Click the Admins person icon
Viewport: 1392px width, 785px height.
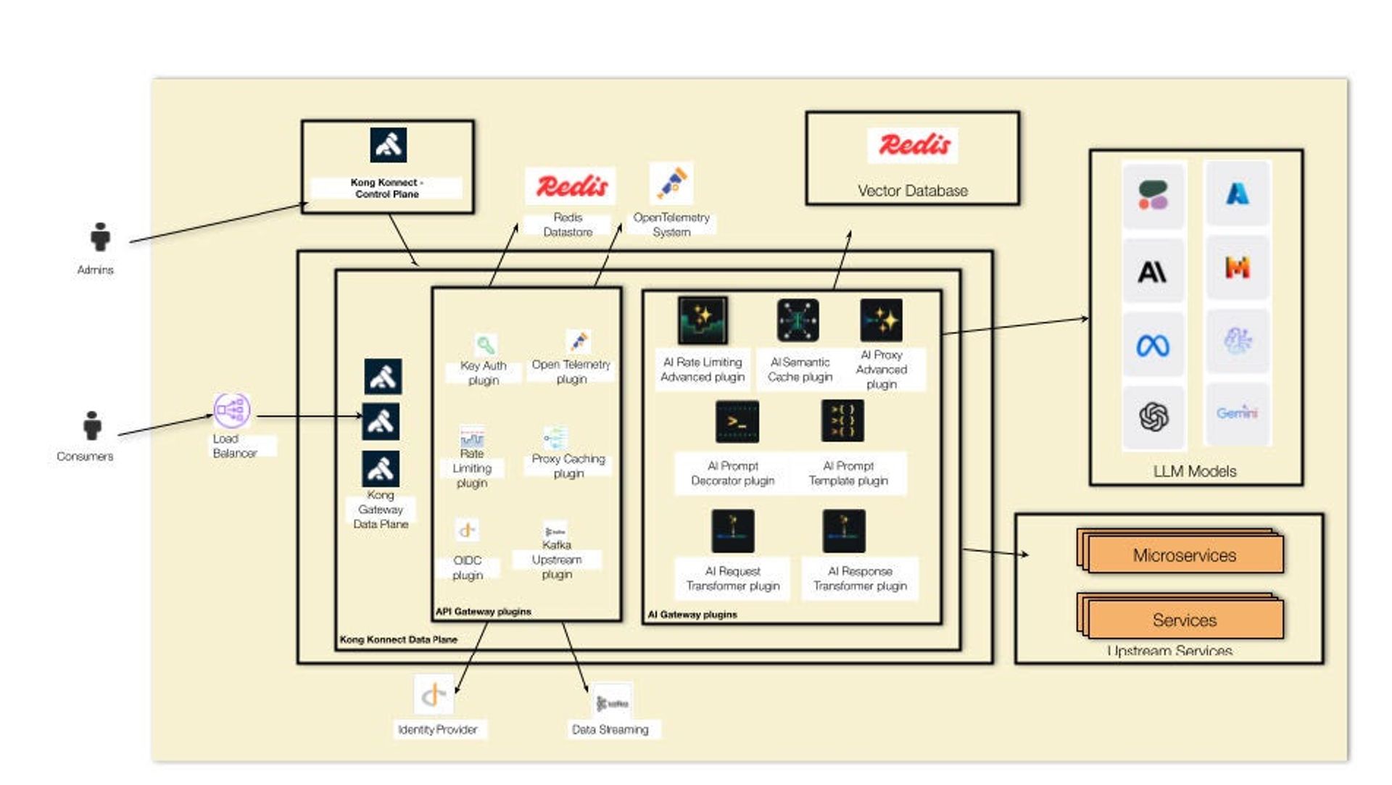[101, 237]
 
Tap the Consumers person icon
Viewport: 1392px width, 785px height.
[92, 425]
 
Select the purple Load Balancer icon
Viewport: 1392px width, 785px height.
[232, 410]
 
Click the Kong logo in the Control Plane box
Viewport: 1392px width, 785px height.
[388, 145]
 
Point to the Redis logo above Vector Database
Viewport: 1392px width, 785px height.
[913, 145]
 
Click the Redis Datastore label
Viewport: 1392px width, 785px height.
[568, 225]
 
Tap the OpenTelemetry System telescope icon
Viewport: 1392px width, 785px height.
[671, 183]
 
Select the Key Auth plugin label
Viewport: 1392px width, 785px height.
[483, 373]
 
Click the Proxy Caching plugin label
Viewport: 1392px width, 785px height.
[568, 465]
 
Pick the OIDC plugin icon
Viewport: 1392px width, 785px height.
[467, 530]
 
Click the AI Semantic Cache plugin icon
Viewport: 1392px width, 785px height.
[798, 320]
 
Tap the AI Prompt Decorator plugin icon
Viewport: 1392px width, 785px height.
[737, 421]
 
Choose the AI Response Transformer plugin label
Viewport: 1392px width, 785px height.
[860, 578]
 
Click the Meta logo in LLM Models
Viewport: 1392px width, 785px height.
[1153, 345]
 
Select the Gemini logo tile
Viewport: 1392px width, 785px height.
[1237, 413]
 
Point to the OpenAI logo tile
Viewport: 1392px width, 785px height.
[1153, 417]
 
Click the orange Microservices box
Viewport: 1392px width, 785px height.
[1185, 555]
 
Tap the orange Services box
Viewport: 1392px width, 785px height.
[1185, 620]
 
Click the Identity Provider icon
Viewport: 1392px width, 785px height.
[434, 694]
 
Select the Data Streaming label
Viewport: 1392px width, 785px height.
[610, 729]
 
